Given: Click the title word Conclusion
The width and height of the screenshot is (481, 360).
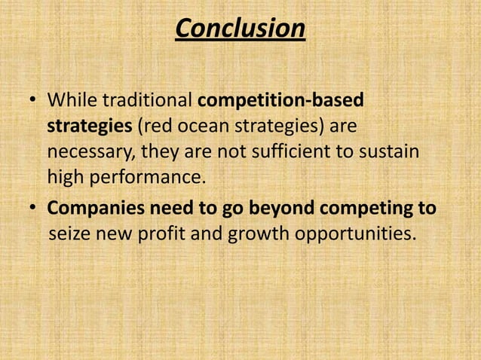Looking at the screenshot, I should pyautogui.click(x=240, y=29).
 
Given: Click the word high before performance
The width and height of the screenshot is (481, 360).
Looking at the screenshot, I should pyautogui.click(x=66, y=179).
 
